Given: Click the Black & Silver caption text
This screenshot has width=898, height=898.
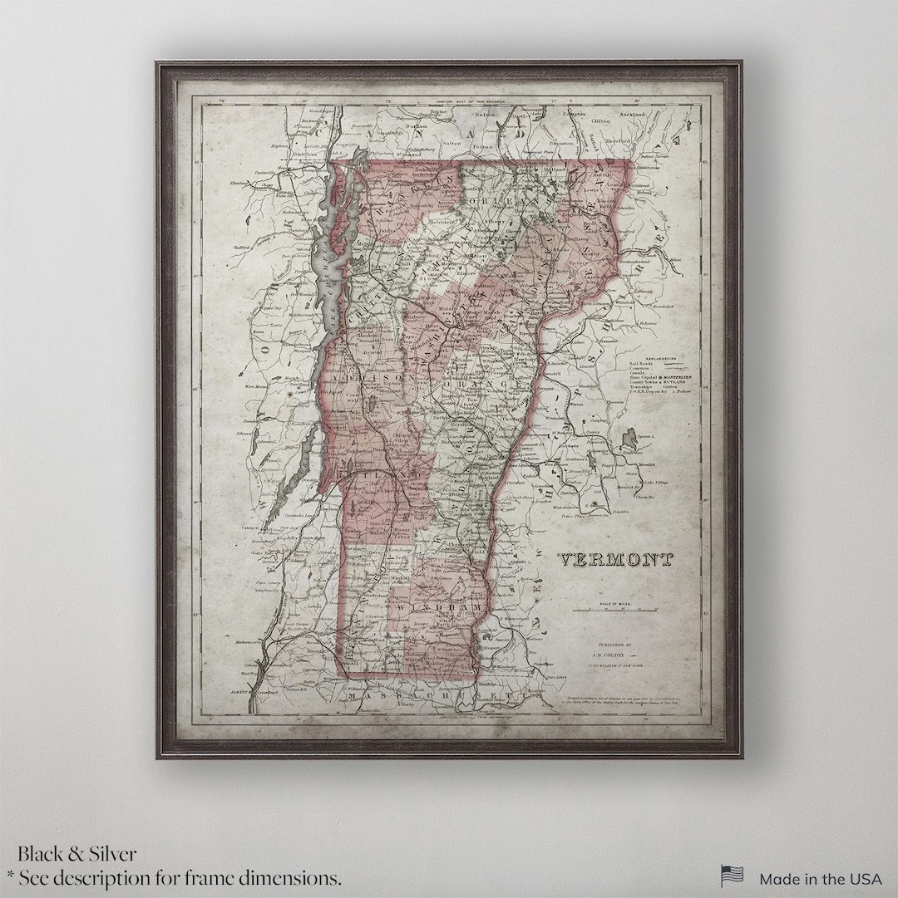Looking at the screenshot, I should coord(77,853).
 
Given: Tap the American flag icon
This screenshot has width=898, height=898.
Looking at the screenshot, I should coord(732,876).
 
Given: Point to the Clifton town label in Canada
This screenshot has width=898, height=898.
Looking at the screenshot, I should coord(600,121).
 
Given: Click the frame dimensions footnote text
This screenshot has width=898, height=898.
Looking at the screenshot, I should coord(174,877).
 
